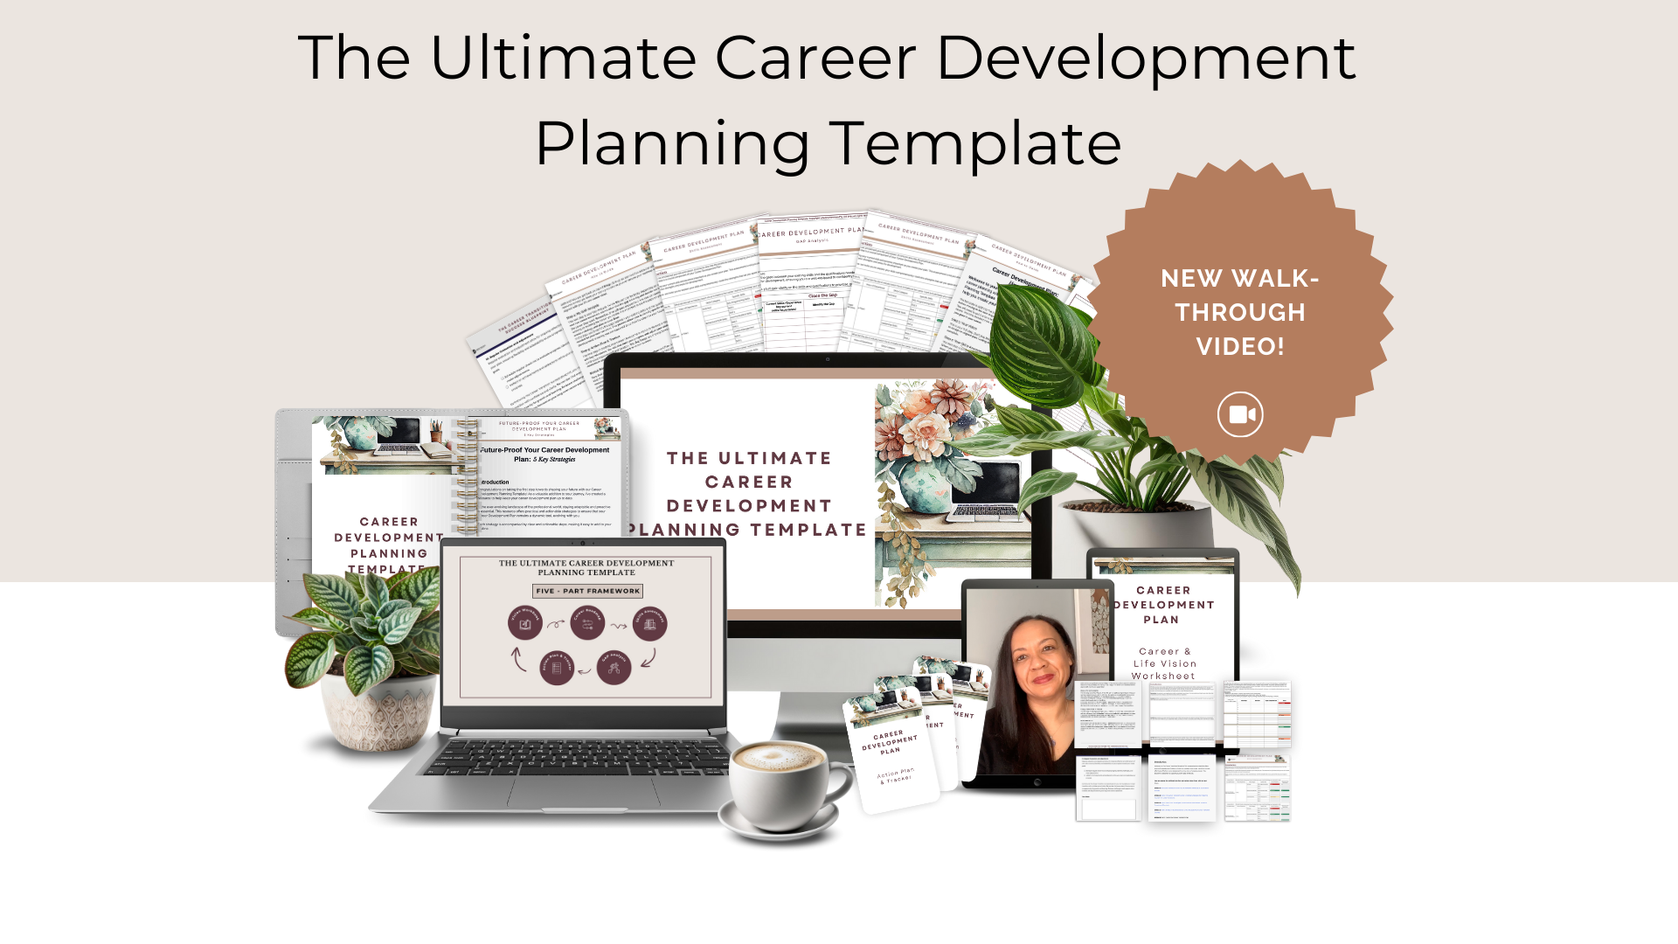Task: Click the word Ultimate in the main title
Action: [x=563, y=58]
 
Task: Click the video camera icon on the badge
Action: [x=1240, y=414]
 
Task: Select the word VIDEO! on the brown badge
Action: [x=1240, y=346]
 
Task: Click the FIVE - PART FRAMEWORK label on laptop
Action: [x=587, y=591]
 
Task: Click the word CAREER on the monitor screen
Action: [x=749, y=482]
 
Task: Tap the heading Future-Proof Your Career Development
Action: [x=544, y=450]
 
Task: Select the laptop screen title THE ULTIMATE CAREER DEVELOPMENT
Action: [x=586, y=563]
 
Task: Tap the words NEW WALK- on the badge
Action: [x=1240, y=278]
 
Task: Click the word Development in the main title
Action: [x=1145, y=58]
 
